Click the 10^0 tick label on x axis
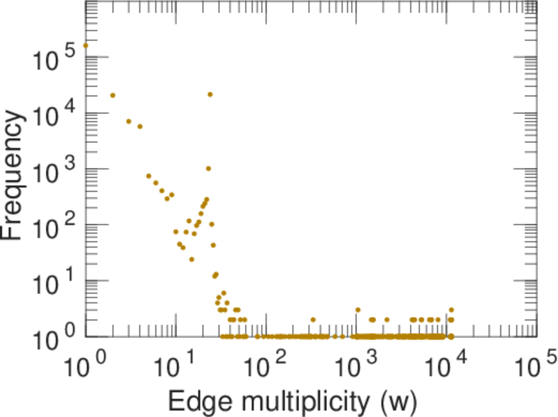[85, 365]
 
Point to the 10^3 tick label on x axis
[356, 365]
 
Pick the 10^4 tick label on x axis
[446, 365]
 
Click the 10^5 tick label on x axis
[535, 365]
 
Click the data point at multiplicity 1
[85, 46]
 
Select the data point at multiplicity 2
[112, 95]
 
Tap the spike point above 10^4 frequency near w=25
[210, 95]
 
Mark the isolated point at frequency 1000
[208, 168]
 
